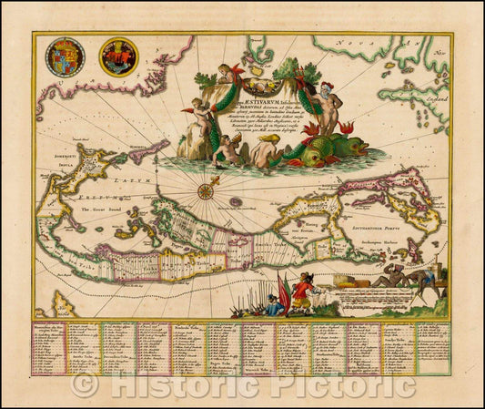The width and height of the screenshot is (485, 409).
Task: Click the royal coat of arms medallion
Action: pos(66,56)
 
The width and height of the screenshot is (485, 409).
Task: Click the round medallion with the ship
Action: pos(118,56)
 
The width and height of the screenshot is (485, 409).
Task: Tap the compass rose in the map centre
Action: pos(207,190)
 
